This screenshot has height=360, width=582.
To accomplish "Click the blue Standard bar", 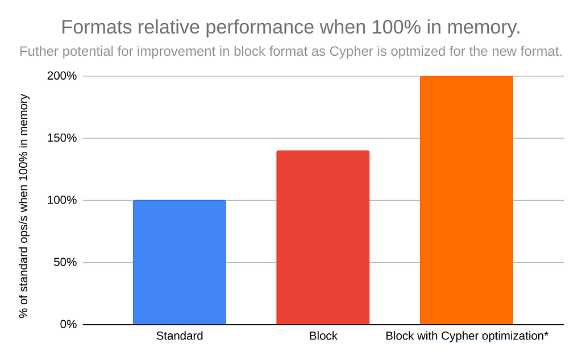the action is coord(179,262).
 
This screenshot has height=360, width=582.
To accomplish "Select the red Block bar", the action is coord(323,237).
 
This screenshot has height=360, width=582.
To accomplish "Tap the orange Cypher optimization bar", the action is coord(467,200).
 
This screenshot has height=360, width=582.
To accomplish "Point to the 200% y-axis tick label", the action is coord(61,76).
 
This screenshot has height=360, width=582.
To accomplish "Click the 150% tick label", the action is coord(61,138).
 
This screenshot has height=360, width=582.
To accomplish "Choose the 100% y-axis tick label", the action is coord(61,200).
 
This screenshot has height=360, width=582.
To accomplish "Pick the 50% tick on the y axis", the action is coord(65,262).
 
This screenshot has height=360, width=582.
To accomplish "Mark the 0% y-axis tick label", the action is coord(68,324).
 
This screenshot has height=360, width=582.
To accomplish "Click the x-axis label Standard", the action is coord(179,336).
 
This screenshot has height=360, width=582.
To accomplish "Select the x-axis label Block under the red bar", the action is coord(323,336).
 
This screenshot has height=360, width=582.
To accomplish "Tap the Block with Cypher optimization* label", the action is coord(467,336).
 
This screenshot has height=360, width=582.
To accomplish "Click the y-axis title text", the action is coord(23,206).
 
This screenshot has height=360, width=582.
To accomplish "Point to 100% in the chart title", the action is coord(396,27).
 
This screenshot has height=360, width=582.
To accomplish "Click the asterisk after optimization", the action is coord(546,334).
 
